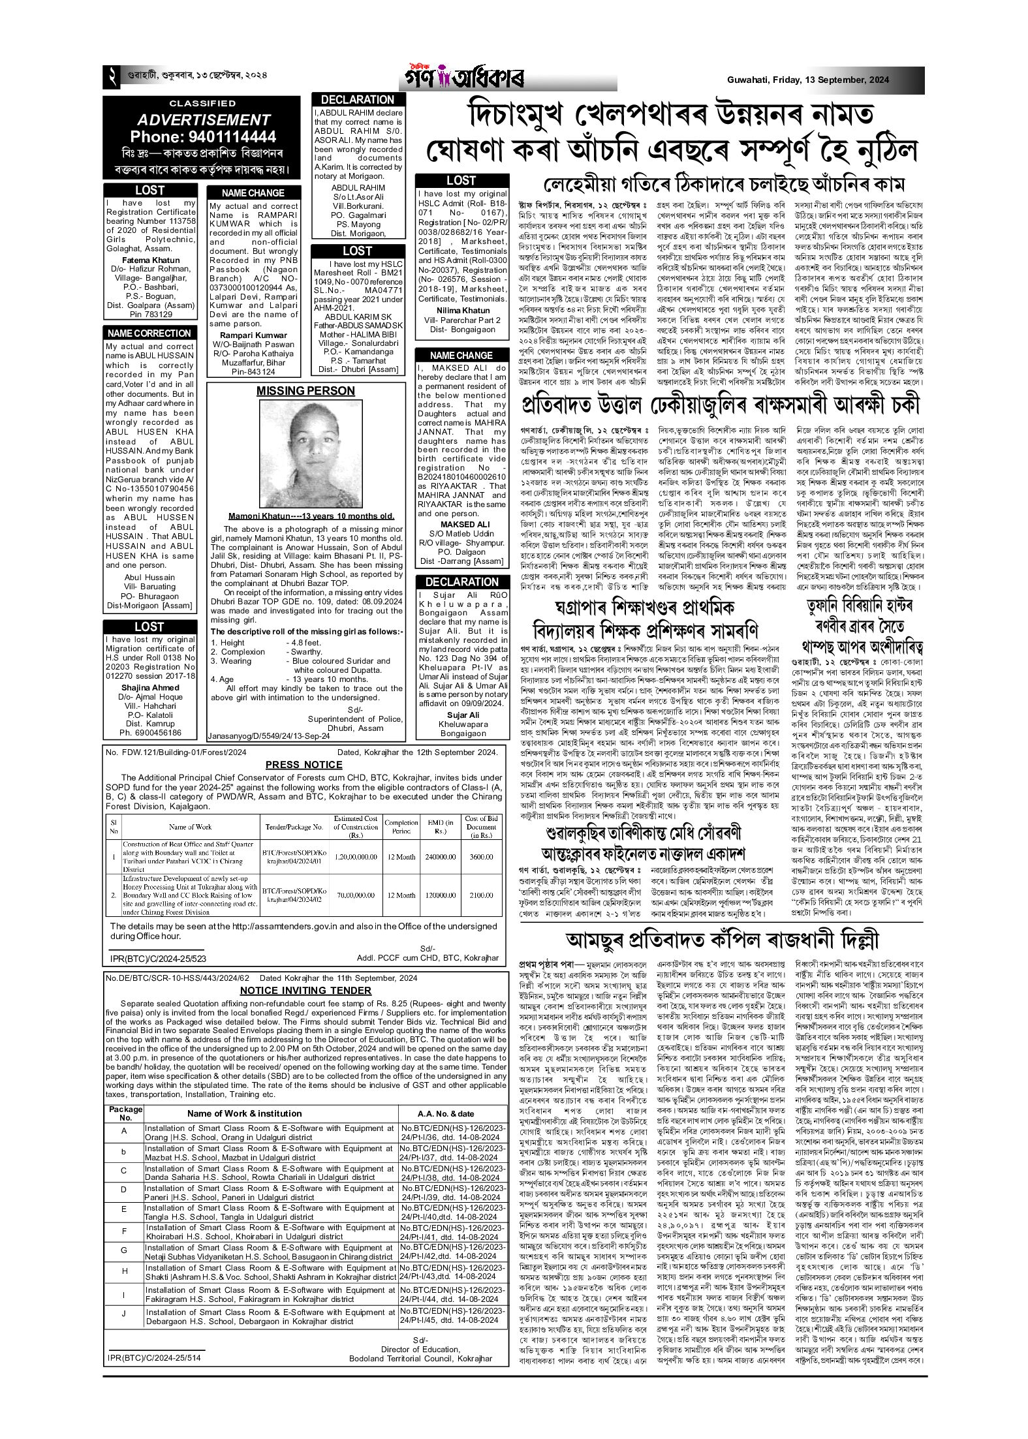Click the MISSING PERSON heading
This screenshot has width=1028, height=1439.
tap(305, 391)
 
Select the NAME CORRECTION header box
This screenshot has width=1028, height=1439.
tap(149, 333)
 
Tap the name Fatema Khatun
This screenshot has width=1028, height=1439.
tap(150, 260)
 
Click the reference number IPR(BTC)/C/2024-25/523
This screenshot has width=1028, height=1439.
tap(154, 959)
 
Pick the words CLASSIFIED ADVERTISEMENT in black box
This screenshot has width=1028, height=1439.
tap(202, 113)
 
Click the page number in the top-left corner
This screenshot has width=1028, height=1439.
tap(111, 80)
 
